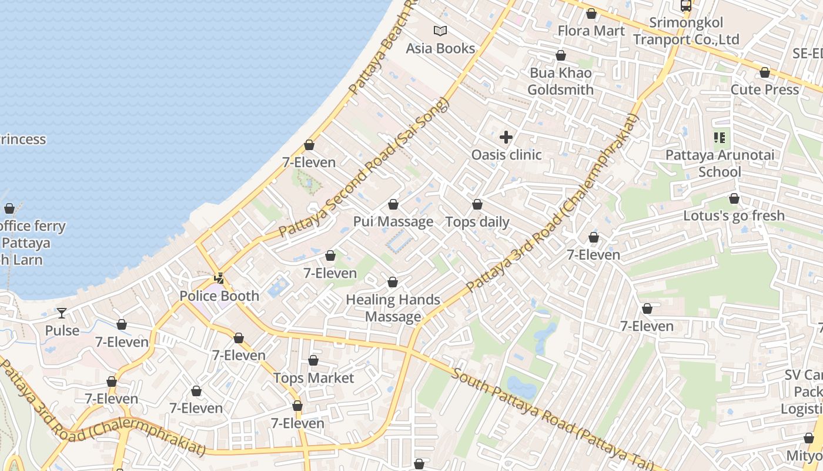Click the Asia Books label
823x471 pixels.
pyautogui.click(x=440, y=48)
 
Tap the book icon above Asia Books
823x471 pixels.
pyautogui.click(x=440, y=31)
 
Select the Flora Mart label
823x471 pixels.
pyautogui.click(x=591, y=31)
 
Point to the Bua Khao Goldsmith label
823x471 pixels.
pyautogui.click(x=560, y=81)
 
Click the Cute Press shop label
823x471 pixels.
pyautogui.click(x=764, y=89)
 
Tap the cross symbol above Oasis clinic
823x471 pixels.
pyautogui.click(x=506, y=138)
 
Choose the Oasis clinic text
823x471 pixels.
pyautogui.click(x=506, y=155)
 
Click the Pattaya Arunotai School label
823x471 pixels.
pyautogui.click(x=720, y=164)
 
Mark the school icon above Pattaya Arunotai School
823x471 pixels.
pyautogui.click(x=720, y=138)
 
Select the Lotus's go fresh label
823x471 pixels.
pyautogui.click(x=734, y=215)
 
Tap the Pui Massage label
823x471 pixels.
pyautogui.click(x=393, y=222)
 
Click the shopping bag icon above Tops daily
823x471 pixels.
pyautogui.click(x=477, y=204)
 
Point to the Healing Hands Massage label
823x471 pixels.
pyautogui.click(x=393, y=308)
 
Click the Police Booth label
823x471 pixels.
pyautogui.click(x=219, y=296)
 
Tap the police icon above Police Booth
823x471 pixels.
pyautogui.click(x=219, y=278)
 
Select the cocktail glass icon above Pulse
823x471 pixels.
pyautogui.click(x=62, y=313)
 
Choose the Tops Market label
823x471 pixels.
pyautogui.click(x=313, y=378)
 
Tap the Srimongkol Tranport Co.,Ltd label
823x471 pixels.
pyautogui.click(x=686, y=31)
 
